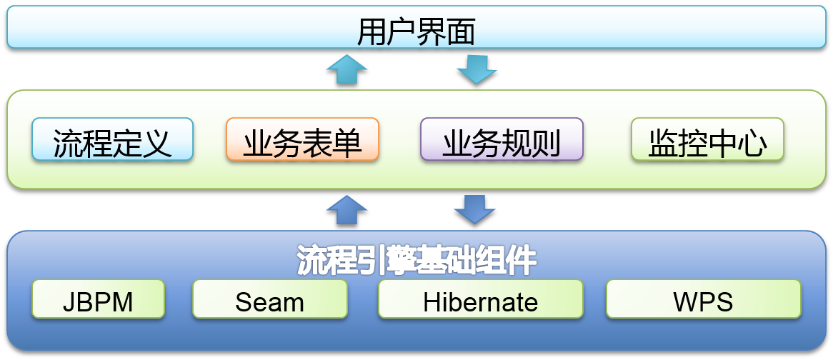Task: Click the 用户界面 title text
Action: pyautogui.click(x=416, y=33)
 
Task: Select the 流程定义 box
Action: pyautogui.click(x=112, y=139)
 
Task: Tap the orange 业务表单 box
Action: pyautogui.click(x=302, y=139)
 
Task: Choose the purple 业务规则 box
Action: pyautogui.click(x=502, y=139)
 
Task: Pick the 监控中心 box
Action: pyautogui.click(x=707, y=139)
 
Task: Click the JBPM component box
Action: pyautogui.click(x=99, y=299)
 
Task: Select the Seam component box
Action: pyautogui.click(x=270, y=299)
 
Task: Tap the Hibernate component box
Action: pyautogui.click(x=480, y=299)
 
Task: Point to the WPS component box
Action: pyautogui.click(x=704, y=299)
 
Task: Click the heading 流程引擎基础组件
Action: pyautogui.click(x=416, y=260)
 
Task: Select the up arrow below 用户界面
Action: pyautogui.click(x=346, y=69)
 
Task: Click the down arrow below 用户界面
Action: pyautogui.click(x=477, y=69)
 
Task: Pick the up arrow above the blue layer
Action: pyautogui.click(x=346, y=210)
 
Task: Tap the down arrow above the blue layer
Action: pyautogui.click(x=474, y=210)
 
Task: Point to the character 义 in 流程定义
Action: pyautogui.click(x=156, y=144)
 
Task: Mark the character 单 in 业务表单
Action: pyautogui.click(x=347, y=144)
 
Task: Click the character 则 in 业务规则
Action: pyautogui.click(x=546, y=144)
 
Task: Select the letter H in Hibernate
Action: pyautogui.click(x=432, y=301)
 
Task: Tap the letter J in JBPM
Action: pyautogui.click(x=69, y=301)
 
